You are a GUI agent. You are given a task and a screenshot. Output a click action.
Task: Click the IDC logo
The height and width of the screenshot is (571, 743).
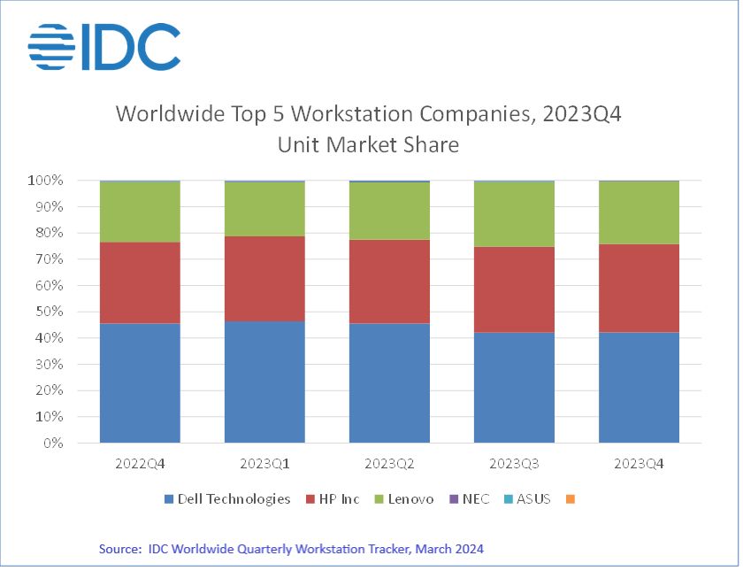[103, 46]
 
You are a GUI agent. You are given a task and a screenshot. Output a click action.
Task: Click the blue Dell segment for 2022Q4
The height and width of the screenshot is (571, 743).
[140, 382]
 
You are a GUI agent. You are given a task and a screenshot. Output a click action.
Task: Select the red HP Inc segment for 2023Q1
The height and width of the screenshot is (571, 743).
[264, 278]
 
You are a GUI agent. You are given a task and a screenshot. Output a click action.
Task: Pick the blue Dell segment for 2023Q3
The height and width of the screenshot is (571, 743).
[514, 387]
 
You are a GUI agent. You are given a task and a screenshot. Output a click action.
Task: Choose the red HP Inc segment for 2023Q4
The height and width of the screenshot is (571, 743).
[639, 288]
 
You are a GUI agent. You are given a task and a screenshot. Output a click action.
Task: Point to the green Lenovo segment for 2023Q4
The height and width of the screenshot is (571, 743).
[639, 212]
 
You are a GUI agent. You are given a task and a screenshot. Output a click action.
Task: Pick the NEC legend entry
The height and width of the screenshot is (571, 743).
[469, 498]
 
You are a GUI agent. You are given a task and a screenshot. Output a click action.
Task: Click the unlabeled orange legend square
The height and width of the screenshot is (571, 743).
[571, 499]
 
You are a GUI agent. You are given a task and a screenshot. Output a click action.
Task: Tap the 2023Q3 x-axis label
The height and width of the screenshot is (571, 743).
[514, 463]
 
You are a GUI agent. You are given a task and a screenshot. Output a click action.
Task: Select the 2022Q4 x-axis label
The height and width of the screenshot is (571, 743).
[140, 463]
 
